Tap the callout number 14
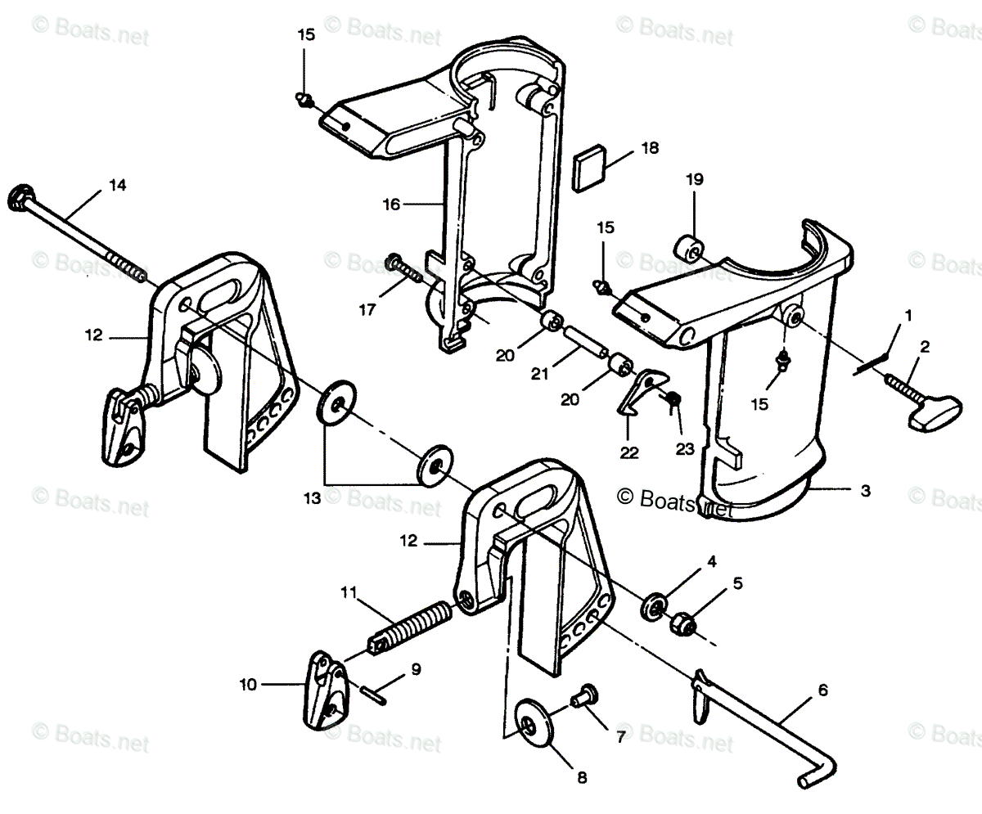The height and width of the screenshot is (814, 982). point(117,186)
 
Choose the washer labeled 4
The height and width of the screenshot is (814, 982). point(655,606)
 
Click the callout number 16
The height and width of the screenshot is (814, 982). point(391,204)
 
